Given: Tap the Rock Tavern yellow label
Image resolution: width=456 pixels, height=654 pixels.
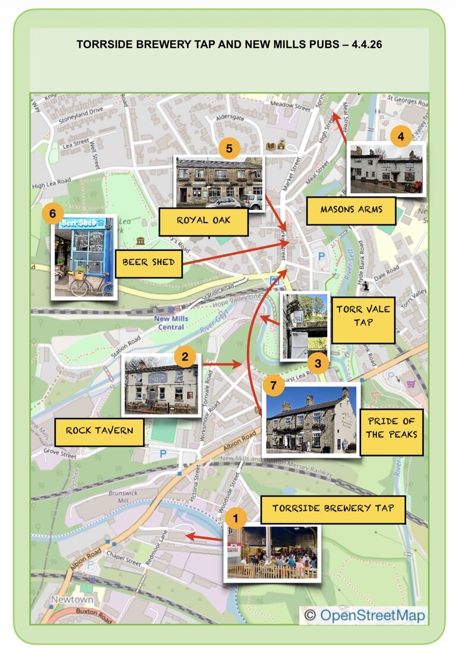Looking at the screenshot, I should pos(99,431).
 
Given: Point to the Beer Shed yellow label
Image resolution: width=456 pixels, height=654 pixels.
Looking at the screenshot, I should pos(148,262).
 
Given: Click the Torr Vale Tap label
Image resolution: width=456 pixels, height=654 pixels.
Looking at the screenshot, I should pos(363,315).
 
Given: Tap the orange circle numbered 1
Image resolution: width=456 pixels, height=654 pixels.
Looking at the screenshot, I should pos(236,520).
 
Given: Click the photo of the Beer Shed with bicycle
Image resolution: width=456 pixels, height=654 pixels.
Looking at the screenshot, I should pos(83,257).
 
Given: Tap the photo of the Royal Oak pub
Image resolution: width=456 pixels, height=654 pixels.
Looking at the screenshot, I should pos(218,183).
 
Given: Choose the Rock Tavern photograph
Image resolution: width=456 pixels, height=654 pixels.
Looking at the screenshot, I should pos(160,387).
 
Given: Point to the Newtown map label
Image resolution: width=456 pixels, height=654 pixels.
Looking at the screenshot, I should pos(72,599).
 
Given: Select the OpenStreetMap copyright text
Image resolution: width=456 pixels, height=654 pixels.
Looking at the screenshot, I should pos(365,615).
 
